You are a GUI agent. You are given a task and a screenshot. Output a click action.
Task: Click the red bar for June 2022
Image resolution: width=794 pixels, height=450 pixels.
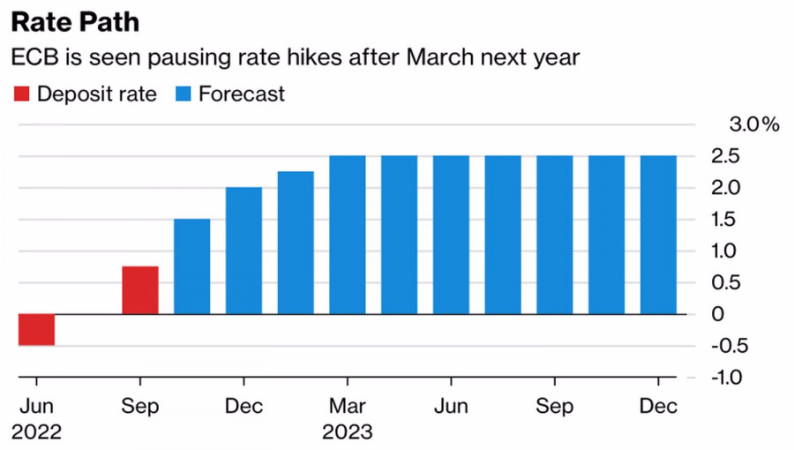tap(36, 329)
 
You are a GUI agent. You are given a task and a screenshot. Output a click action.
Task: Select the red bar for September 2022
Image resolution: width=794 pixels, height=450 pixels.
tap(140, 289)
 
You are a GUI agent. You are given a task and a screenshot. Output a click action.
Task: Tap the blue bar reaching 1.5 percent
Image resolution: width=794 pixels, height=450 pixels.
tap(191, 266)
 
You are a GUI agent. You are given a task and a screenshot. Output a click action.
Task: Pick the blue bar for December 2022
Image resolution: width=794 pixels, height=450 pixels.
tap(243, 250)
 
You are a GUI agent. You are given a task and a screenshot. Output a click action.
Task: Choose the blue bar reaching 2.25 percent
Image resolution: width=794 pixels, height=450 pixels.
tap(296, 242)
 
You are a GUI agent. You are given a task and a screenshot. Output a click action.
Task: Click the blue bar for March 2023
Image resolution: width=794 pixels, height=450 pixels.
tap(348, 235)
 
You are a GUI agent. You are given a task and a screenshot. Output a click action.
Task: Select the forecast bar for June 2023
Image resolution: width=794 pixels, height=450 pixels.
tap(451, 235)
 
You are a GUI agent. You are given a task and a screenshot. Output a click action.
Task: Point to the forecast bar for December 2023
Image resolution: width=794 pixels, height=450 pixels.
tap(659, 235)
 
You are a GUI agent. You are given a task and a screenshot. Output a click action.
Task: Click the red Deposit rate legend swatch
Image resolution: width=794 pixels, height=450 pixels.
tap(21, 94)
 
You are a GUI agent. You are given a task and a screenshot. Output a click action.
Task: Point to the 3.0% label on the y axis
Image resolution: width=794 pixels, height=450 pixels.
tap(753, 124)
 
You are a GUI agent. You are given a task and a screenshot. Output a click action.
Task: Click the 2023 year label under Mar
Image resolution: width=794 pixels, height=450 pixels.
tap(348, 432)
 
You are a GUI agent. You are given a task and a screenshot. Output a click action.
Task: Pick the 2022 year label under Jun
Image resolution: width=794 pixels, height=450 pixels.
tap(37, 432)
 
